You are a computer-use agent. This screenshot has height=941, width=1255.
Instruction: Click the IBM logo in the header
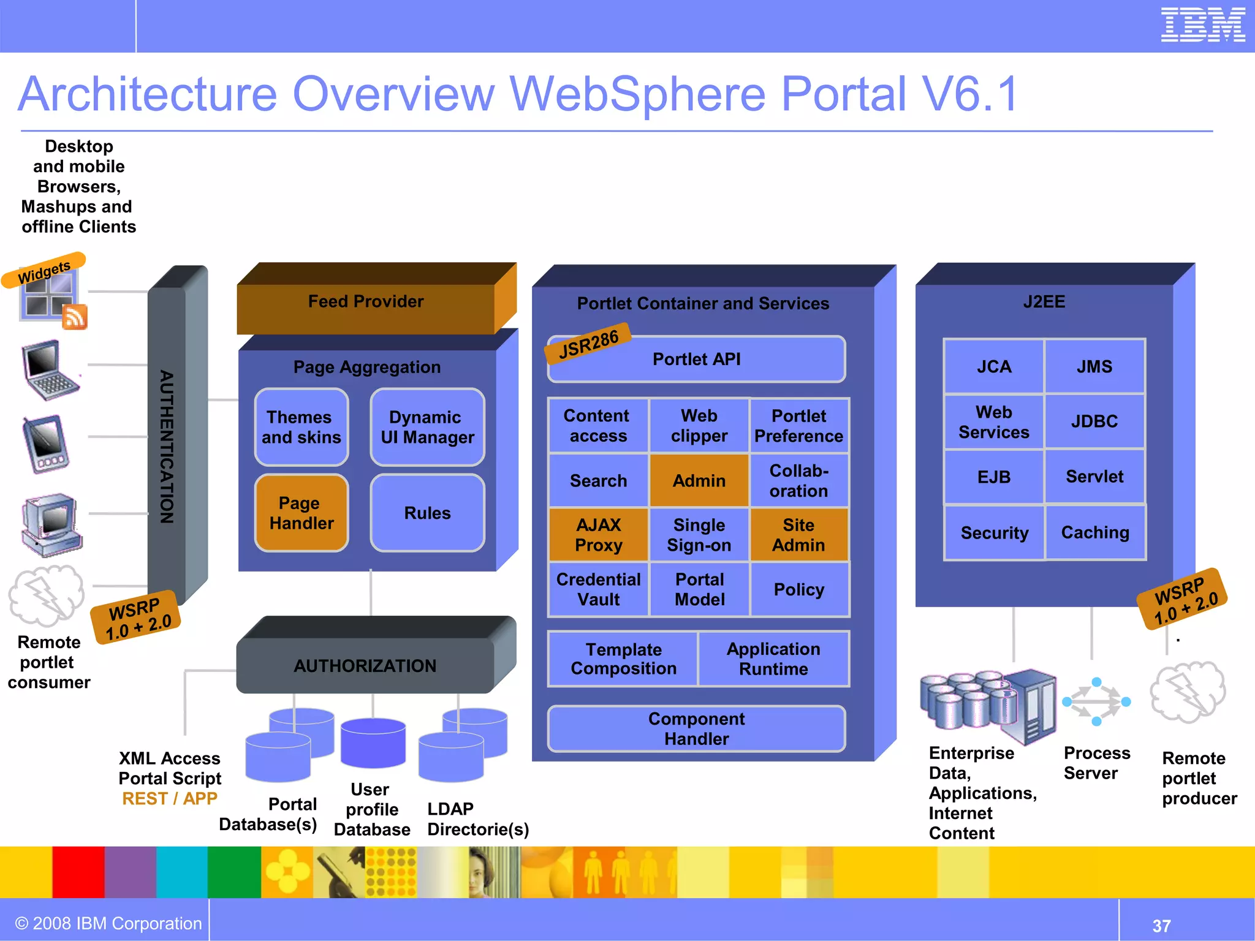tap(1202, 26)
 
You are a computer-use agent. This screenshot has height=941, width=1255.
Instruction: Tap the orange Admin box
tap(699, 481)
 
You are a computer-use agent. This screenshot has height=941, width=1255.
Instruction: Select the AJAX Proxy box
tap(598, 535)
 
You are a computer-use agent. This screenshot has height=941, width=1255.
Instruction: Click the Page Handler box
tap(301, 513)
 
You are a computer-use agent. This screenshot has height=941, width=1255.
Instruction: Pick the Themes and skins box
tap(301, 427)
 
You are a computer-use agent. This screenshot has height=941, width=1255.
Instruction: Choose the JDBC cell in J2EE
tap(1094, 421)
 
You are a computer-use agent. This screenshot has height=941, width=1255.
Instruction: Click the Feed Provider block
tap(366, 301)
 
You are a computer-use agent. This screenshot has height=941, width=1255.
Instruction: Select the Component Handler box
tap(696, 729)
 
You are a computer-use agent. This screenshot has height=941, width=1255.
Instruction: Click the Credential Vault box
tap(598, 589)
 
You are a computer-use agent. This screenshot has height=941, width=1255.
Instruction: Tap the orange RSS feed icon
tap(75, 317)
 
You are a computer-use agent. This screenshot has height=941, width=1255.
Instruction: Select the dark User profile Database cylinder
tap(373, 743)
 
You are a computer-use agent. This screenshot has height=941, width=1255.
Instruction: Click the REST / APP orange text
tap(170, 799)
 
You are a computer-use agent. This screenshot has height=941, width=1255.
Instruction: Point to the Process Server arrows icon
tap(1096, 702)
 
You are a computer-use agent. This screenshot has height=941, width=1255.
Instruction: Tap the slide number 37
tap(1161, 926)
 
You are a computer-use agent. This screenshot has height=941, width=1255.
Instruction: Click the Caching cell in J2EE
tap(1095, 533)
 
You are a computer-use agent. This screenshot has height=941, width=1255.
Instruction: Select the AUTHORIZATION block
tap(365, 666)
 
